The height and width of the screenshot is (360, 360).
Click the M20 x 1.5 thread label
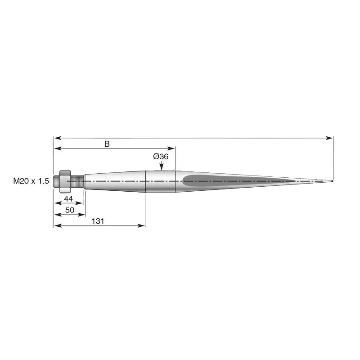tap(31, 181)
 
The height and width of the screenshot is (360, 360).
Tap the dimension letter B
tap(107, 144)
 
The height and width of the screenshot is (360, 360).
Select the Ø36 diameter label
tap(161, 157)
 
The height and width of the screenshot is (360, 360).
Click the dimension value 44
tap(68, 199)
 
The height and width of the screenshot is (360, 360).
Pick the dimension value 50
tap(70, 210)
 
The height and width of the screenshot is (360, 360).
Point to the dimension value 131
tap(98, 221)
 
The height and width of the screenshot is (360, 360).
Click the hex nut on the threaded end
tap(65, 181)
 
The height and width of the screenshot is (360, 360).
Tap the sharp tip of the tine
tap(333, 181)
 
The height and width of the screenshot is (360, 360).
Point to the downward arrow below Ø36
tap(162, 165)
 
